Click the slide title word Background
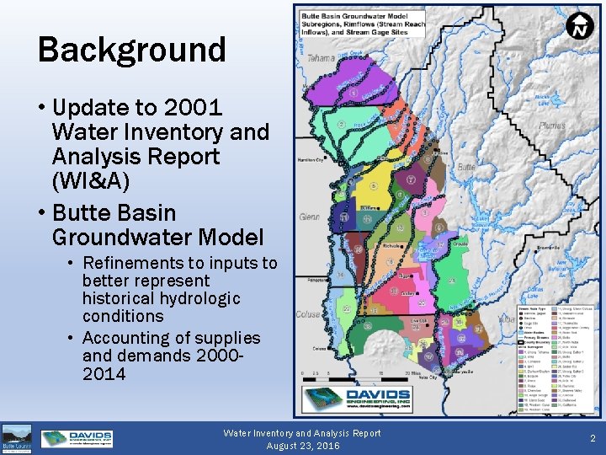pos(132,50)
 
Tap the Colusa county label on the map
pos(308,314)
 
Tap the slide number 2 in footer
pos(593,438)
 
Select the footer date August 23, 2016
pos(302,445)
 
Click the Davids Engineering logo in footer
pos(77,439)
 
